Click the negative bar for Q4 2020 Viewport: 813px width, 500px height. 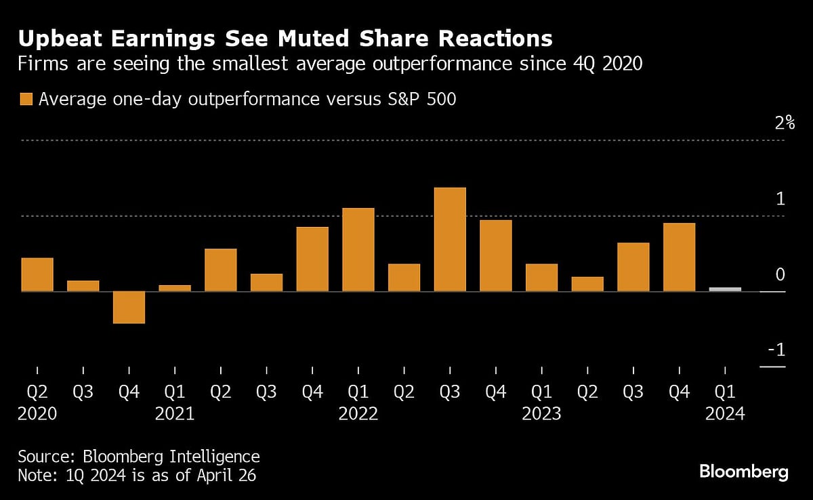point(129,307)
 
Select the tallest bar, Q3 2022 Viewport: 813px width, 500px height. point(450,239)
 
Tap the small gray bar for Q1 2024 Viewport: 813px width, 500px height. point(725,289)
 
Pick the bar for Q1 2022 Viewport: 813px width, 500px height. point(358,249)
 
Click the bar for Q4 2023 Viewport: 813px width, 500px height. point(679,257)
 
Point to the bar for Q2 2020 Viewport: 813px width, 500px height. point(37,274)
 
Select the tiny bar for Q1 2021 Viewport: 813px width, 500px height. point(175,288)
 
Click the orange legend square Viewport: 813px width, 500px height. point(26,100)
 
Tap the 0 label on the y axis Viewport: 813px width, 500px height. point(780,274)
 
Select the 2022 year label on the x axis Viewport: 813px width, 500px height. point(358,413)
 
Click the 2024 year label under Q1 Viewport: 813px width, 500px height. point(725,413)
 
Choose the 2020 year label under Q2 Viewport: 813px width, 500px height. point(37,413)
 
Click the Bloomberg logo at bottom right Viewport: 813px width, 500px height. point(743,472)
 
